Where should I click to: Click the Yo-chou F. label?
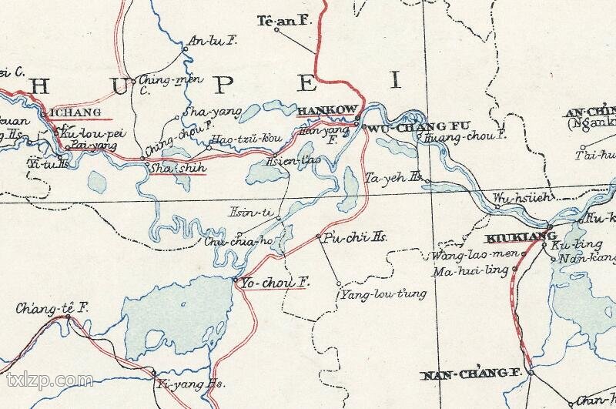[275, 283]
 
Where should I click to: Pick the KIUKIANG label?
[511, 236]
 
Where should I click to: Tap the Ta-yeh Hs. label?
[393, 177]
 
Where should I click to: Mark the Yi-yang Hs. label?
[189, 383]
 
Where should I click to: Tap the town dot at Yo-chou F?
[234, 280]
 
